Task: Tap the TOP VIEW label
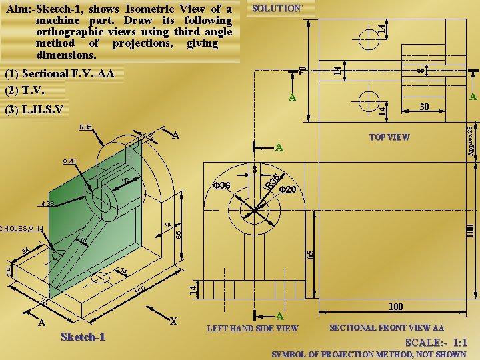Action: (389, 137)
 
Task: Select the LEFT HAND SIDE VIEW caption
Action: (253, 328)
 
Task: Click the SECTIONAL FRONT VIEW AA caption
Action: (387, 327)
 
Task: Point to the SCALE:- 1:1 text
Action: (436, 342)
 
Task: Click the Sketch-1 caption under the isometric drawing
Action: (83, 337)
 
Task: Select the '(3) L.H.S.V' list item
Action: (34, 109)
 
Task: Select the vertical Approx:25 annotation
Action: (471, 141)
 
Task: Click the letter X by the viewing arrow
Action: (173, 321)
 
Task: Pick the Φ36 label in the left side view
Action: (221, 185)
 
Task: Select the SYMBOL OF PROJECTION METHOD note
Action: (369, 354)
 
